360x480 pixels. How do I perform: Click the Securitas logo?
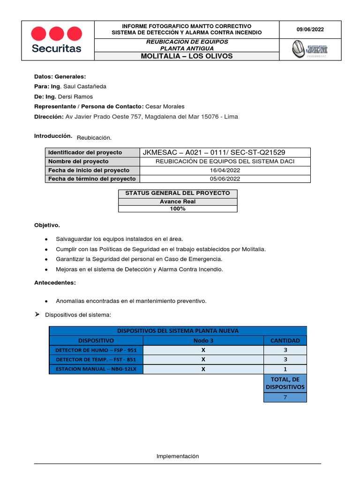pyautogui.click(x=56, y=40)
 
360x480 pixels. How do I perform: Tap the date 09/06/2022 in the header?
pyautogui.click(x=310, y=30)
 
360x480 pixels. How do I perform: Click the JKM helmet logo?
pyautogui.click(x=310, y=49)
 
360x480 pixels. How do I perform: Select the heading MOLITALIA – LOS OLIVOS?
pyautogui.click(x=187, y=56)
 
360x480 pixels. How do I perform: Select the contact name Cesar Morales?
pyautogui.click(x=165, y=106)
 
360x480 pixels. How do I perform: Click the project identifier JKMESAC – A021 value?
pyautogui.click(x=214, y=152)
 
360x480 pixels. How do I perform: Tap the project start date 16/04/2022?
pyautogui.click(x=225, y=170)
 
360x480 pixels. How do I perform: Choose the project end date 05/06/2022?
pyautogui.click(x=225, y=179)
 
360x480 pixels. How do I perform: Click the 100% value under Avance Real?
pyautogui.click(x=178, y=209)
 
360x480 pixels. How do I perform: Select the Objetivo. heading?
pyautogui.click(x=47, y=225)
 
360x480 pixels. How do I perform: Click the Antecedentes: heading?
pyautogui.click(x=55, y=283)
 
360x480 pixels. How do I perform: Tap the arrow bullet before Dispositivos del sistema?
pyautogui.click(x=37, y=315)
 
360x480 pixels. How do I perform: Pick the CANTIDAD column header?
pyautogui.click(x=285, y=340)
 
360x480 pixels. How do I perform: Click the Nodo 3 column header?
pyautogui.click(x=203, y=340)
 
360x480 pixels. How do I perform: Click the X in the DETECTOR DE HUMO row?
pyautogui.click(x=203, y=350)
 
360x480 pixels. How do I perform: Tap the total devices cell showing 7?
pyautogui.click(x=285, y=397)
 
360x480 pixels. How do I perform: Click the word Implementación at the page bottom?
pyautogui.click(x=178, y=456)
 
